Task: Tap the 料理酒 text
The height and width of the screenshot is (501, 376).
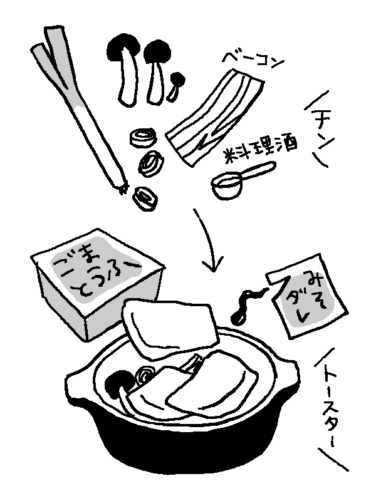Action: click(x=259, y=148)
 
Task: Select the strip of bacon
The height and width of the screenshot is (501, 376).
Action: click(x=215, y=116)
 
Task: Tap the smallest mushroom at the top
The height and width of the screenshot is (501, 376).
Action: click(x=176, y=86)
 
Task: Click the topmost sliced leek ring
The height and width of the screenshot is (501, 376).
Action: click(x=144, y=138)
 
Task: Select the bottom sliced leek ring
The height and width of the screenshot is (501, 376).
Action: click(x=145, y=199)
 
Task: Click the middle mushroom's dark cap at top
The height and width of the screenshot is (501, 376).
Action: click(x=157, y=51)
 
